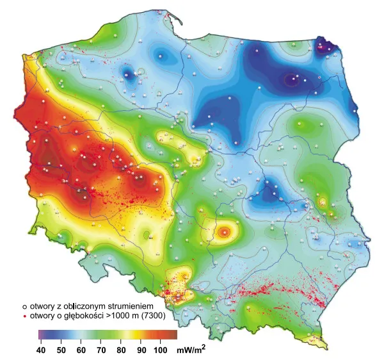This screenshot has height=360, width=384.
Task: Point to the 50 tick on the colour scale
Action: click(62, 350)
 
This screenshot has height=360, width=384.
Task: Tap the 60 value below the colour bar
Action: click(81, 350)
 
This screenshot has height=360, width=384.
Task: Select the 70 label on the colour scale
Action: click(100, 350)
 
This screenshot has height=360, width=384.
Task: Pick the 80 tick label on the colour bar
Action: click(120, 350)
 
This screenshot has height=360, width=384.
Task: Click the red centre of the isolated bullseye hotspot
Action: click(224, 233)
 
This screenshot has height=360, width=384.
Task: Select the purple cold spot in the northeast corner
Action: click(332, 46)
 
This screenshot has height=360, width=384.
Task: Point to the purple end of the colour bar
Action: click(42, 334)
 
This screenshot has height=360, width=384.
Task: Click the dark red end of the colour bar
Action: click(172, 334)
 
